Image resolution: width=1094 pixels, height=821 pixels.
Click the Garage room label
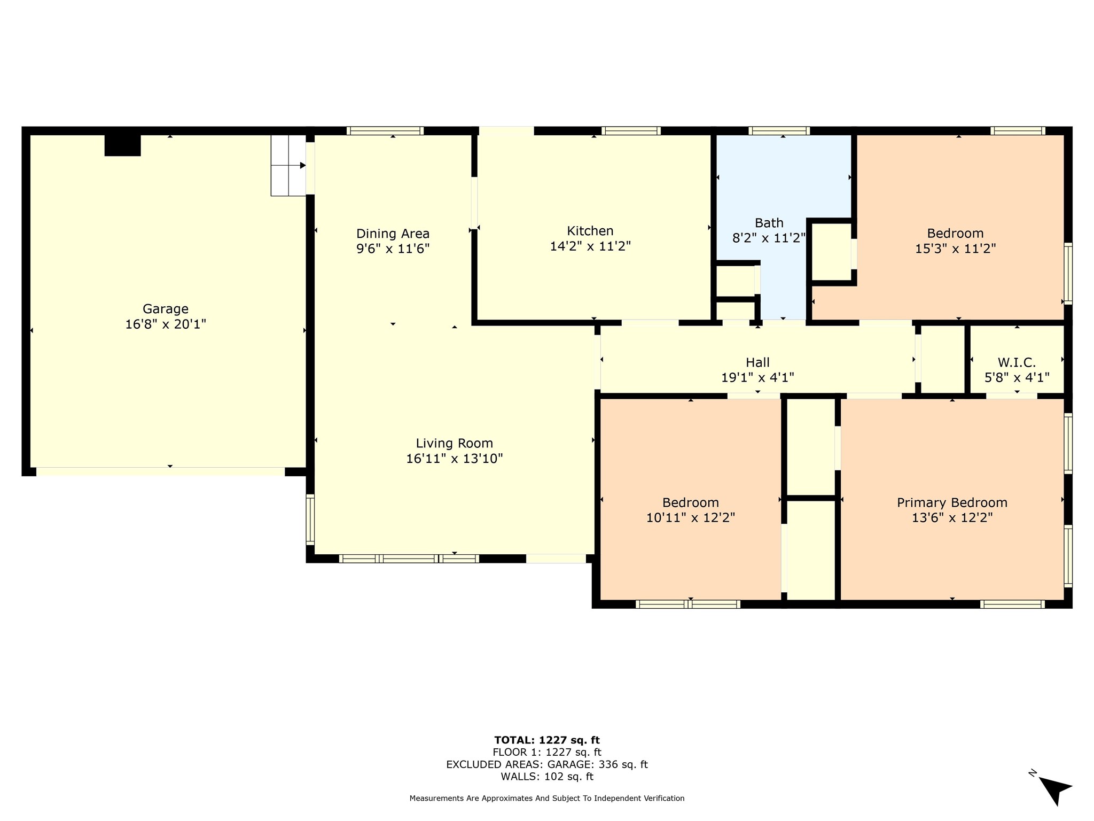click(166, 309)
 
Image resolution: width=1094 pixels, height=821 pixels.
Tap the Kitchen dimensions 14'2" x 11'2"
click(590, 246)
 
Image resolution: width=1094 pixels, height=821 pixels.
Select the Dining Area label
click(393, 234)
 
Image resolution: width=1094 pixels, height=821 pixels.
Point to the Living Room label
click(454, 444)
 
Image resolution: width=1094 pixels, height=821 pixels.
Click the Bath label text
click(769, 223)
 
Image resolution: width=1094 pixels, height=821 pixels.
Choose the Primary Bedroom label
click(952, 503)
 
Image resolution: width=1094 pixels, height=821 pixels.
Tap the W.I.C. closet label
click(1017, 363)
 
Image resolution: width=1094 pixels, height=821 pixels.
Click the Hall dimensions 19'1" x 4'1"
click(757, 378)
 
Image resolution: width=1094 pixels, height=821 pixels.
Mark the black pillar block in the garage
click(122, 145)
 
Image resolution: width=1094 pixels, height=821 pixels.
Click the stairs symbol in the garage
click(288, 165)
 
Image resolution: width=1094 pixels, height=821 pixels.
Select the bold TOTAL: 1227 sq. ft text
click(547, 740)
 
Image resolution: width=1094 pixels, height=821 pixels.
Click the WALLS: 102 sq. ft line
click(547, 777)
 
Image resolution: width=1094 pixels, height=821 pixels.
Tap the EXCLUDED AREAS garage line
click(547, 764)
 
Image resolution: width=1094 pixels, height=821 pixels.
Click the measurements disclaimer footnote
click(547, 799)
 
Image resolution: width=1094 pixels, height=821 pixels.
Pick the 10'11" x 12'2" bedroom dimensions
click(691, 518)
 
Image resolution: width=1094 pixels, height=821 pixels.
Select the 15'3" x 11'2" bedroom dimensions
click(956, 249)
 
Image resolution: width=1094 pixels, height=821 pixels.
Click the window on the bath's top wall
click(779, 130)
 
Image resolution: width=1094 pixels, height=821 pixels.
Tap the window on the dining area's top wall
click(385, 130)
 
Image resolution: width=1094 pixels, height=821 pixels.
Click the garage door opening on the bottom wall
click(160, 471)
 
